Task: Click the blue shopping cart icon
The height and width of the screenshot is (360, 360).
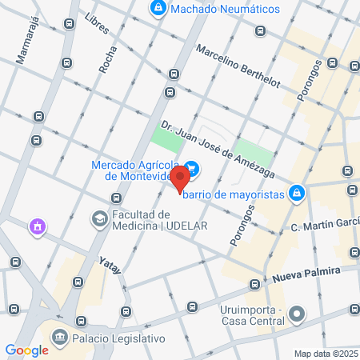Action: pos(194,170)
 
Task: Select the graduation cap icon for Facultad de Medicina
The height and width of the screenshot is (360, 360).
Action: pos(99,218)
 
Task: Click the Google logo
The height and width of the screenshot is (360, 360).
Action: pos(27,350)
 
